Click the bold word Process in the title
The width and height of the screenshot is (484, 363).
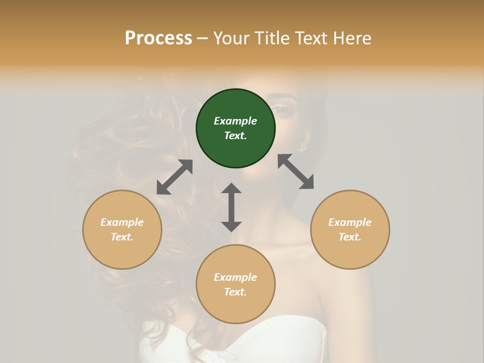(x=158, y=38)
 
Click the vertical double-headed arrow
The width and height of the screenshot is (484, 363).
(x=231, y=207)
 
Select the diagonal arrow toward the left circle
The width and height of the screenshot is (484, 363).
(x=174, y=177)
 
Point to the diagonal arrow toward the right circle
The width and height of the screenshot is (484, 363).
(x=296, y=172)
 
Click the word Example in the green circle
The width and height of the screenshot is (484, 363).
(x=235, y=121)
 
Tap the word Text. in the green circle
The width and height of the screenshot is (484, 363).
(x=235, y=136)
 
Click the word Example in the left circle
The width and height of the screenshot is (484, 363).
(x=122, y=222)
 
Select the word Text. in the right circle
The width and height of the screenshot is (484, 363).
(x=350, y=237)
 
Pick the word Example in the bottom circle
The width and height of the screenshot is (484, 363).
(x=235, y=277)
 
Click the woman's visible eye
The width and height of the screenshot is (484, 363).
(x=280, y=110)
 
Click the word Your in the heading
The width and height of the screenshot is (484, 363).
(x=231, y=38)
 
